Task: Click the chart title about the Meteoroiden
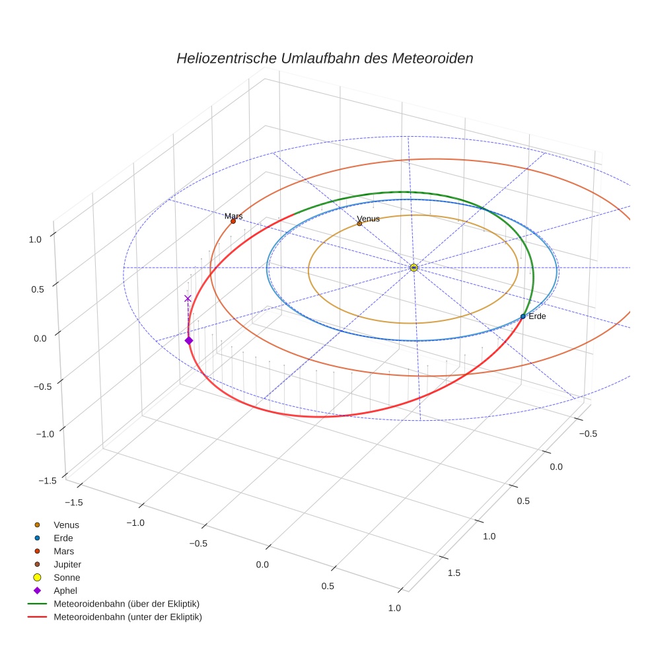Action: click(x=324, y=58)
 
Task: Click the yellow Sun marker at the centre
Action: click(x=414, y=268)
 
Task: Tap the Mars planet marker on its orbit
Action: click(x=233, y=221)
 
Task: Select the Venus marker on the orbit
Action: click(x=359, y=223)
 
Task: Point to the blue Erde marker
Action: click(x=523, y=316)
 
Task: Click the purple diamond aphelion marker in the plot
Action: click(x=189, y=340)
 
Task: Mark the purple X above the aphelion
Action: click(x=188, y=298)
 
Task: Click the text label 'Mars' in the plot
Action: click(x=233, y=216)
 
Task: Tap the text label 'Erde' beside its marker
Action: click(x=537, y=316)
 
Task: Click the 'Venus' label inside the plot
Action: click(x=368, y=219)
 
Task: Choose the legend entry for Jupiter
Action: click(x=67, y=564)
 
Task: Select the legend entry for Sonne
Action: click(x=67, y=577)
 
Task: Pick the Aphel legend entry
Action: click(x=65, y=591)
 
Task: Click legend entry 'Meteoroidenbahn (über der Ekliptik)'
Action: click(x=126, y=604)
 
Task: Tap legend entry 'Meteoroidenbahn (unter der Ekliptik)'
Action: click(x=127, y=617)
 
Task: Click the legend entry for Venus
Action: click(x=66, y=524)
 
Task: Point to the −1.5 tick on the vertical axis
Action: click(x=47, y=480)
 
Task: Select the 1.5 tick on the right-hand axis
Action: click(x=454, y=572)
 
